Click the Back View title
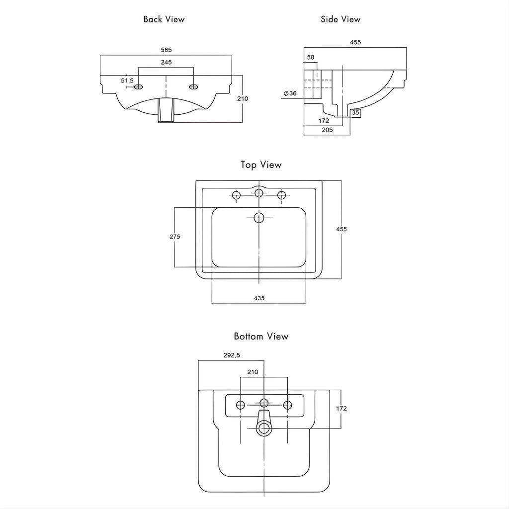(164, 19)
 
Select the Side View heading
(340, 19)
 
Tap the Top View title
(261, 165)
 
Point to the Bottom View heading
(261, 337)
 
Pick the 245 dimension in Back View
(167, 63)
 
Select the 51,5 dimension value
(127, 81)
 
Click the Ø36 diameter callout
(290, 93)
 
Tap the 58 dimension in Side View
(311, 58)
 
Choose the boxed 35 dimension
(355, 113)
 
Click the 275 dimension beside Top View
(174, 237)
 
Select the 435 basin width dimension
(259, 298)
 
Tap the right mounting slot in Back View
(193, 87)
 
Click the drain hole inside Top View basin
(259, 217)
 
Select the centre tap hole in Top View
(259, 193)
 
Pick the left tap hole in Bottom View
(241, 405)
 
